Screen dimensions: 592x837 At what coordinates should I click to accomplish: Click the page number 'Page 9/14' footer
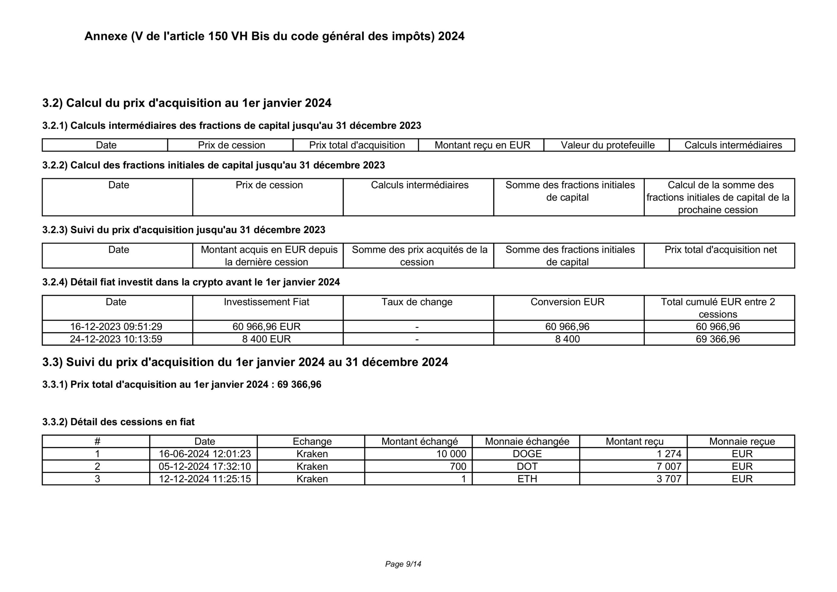[403, 564]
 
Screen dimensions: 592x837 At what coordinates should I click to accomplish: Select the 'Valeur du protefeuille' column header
[607, 145]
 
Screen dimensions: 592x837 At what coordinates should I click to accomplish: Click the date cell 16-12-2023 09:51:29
[116, 327]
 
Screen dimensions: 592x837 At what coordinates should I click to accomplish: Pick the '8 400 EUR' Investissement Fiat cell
[266, 339]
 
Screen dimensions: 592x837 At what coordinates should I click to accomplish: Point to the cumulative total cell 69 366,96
[718, 339]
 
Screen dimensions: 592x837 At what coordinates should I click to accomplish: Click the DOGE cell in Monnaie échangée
[527, 454]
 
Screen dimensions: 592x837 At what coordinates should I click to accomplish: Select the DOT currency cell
[527, 466]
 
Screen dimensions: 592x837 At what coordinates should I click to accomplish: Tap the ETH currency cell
[527, 479]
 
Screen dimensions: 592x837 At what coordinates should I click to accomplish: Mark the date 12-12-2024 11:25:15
[205, 479]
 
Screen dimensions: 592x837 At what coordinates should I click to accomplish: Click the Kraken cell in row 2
[312, 466]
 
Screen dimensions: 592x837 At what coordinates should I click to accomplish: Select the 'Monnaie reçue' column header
[742, 441]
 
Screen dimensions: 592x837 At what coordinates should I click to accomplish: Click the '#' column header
[97, 441]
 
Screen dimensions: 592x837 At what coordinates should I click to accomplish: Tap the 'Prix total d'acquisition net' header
[720, 250]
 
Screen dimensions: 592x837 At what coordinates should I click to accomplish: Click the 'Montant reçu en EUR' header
[482, 145]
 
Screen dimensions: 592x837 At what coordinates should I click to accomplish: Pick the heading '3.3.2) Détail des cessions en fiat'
[118, 422]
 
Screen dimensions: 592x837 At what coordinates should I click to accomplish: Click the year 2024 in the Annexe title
[451, 36]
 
